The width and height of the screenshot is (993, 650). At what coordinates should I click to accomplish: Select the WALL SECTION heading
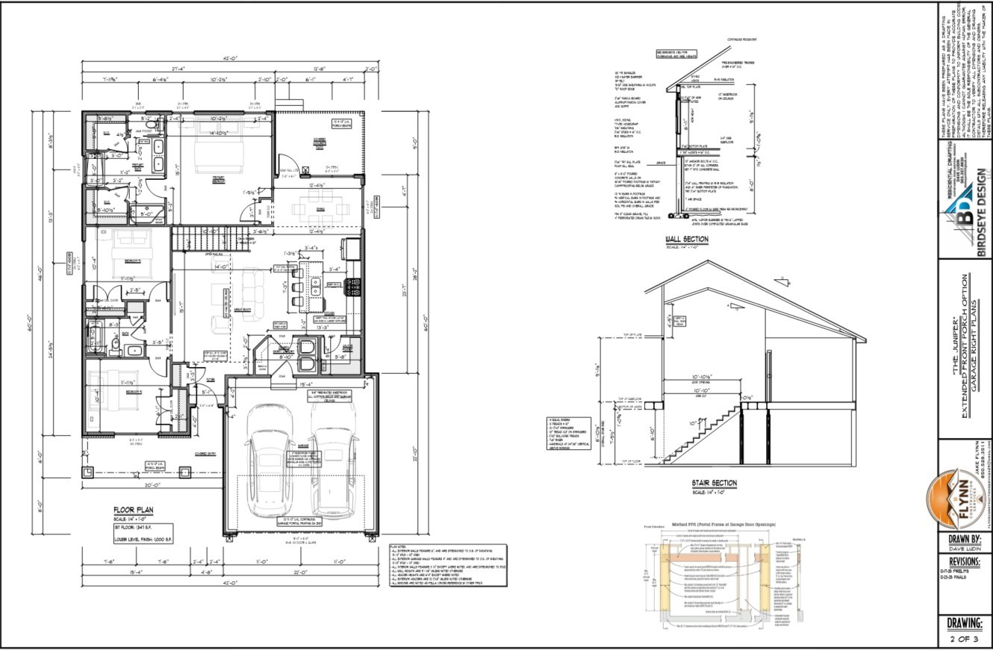pos(687,240)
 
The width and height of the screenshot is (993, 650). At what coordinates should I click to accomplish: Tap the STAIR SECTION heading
pos(715,484)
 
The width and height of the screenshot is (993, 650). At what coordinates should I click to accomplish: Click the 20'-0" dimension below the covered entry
pos(154,484)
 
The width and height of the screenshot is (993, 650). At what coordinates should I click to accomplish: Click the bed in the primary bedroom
pos(217,153)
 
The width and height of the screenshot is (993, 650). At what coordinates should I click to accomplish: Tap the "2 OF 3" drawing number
pos(964,639)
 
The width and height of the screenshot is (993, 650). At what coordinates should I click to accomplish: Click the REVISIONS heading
pos(964,561)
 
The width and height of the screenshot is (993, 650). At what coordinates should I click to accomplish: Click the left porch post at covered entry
pos(88,472)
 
